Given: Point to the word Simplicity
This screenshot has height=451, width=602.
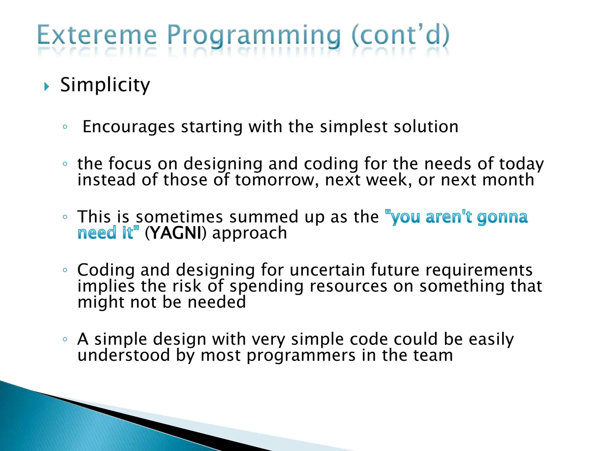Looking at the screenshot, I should [x=105, y=85].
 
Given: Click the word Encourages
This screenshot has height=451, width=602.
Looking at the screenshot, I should [x=129, y=127].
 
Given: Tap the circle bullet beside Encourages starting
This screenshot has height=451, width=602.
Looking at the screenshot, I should [x=65, y=127].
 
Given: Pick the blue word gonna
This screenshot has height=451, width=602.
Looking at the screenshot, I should [x=502, y=218].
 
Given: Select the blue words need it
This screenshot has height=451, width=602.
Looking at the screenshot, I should [x=107, y=233].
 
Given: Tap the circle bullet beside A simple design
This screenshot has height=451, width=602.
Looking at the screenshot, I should [x=65, y=339].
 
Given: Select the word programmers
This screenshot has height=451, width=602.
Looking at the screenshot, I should [x=301, y=356].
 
